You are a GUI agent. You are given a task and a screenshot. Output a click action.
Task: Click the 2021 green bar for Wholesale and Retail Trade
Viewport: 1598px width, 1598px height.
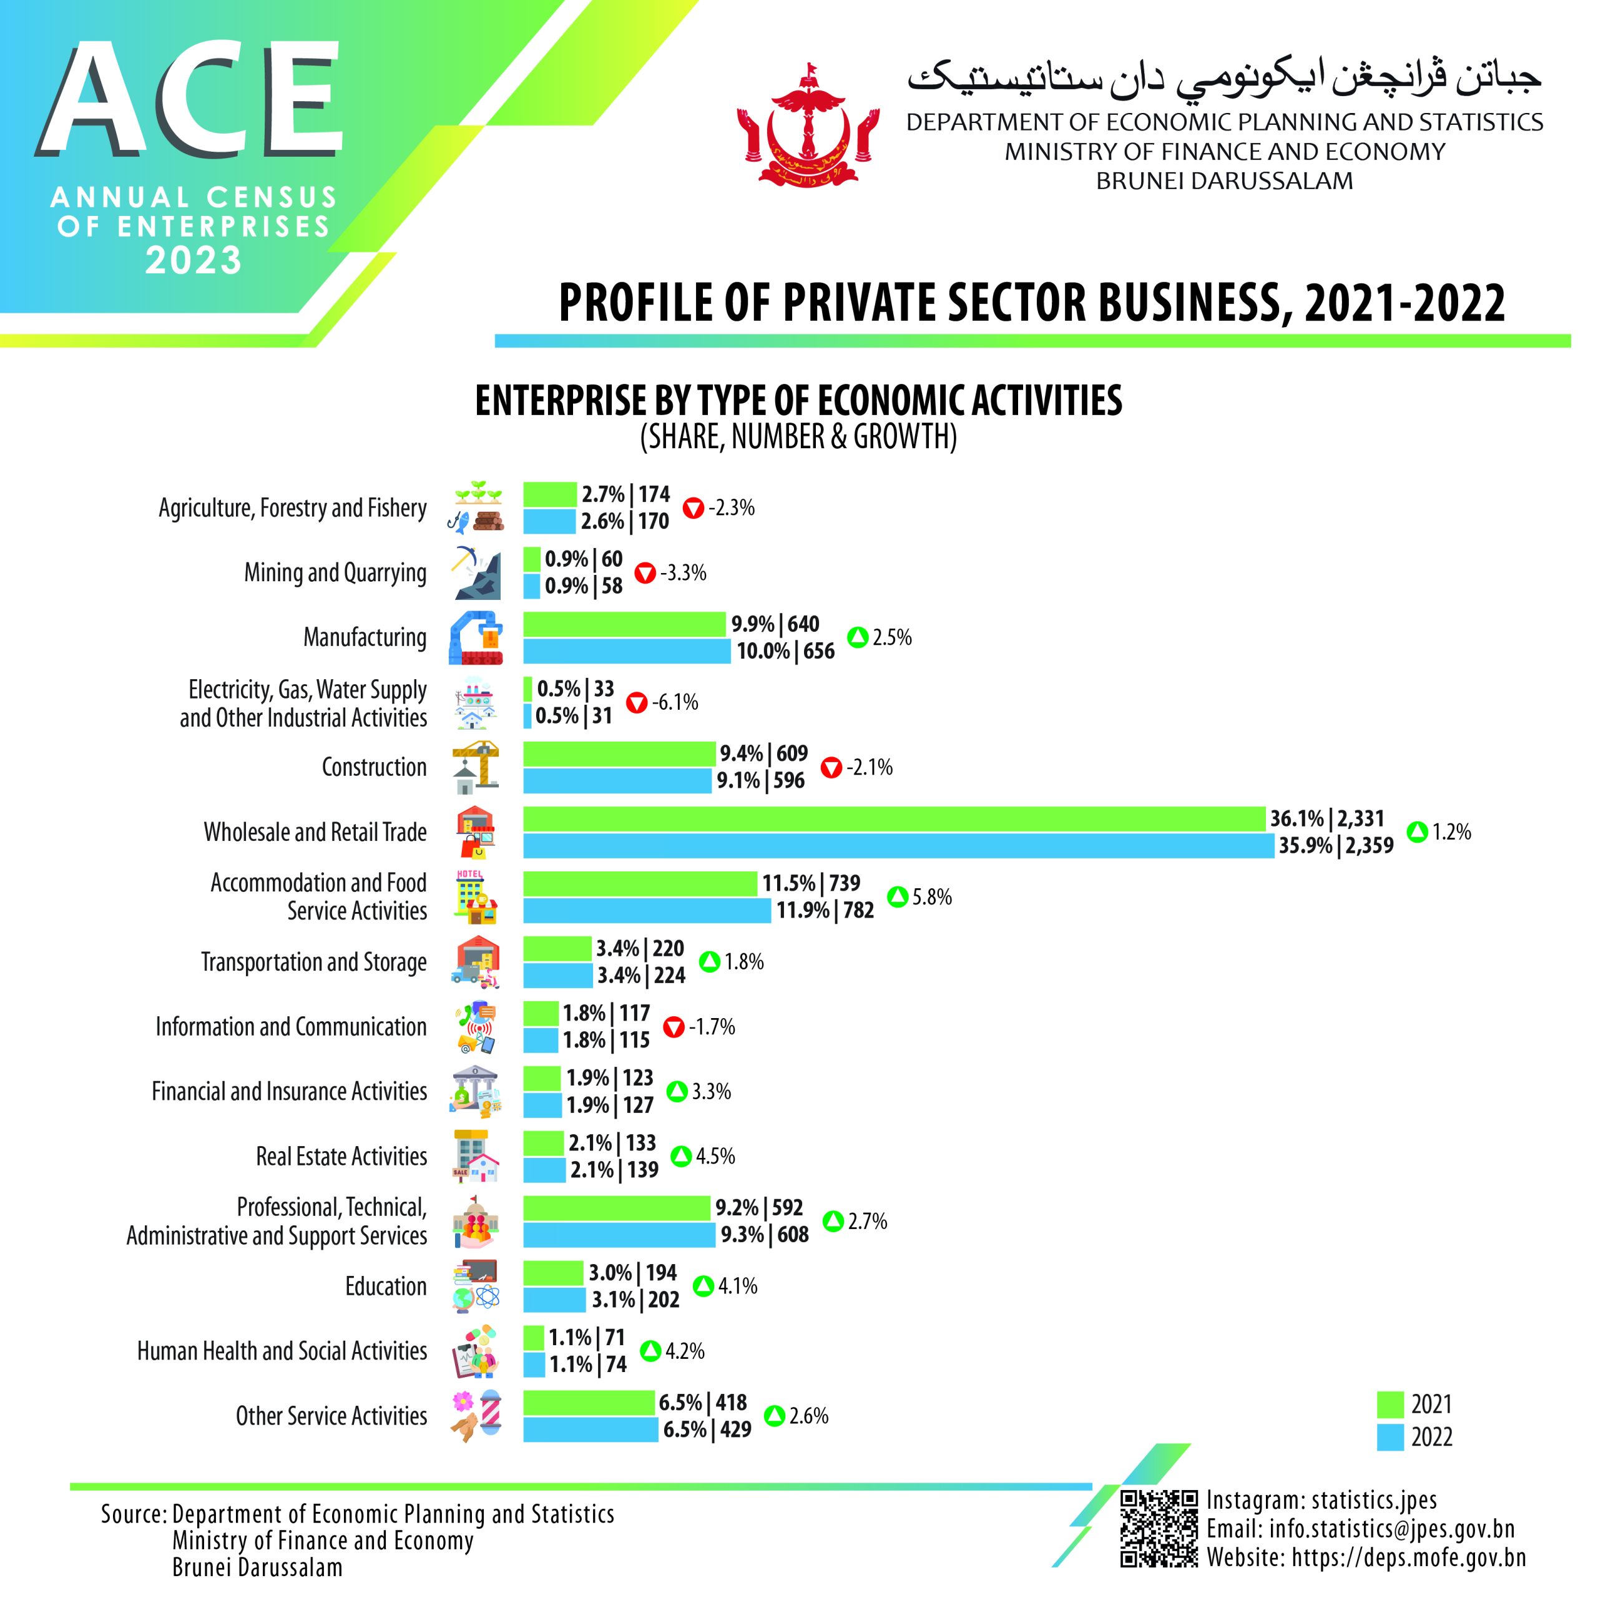(x=893, y=819)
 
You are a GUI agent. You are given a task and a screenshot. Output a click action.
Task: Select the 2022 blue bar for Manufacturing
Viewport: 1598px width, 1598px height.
(x=627, y=651)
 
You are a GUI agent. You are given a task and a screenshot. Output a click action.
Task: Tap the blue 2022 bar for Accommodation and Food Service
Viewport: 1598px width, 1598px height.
(x=647, y=911)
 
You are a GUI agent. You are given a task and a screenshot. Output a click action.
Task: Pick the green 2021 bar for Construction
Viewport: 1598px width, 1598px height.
(x=619, y=753)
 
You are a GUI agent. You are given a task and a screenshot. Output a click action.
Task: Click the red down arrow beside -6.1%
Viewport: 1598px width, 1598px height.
(x=636, y=703)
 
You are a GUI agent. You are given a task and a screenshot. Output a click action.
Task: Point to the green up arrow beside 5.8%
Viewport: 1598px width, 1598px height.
(x=898, y=896)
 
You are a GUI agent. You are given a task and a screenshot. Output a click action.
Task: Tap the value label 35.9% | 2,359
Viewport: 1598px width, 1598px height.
(x=1336, y=845)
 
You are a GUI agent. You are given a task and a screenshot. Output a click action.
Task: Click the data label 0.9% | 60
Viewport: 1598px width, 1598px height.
(x=583, y=559)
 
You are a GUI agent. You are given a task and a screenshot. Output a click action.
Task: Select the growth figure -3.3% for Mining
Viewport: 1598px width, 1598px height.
(x=683, y=572)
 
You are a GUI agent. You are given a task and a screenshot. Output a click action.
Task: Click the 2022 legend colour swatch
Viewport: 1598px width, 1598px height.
(x=1390, y=1437)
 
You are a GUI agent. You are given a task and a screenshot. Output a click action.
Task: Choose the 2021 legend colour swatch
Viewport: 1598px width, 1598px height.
(x=1390, y=1404)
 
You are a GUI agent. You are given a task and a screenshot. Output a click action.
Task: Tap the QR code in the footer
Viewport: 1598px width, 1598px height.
(x=1158, y=1529)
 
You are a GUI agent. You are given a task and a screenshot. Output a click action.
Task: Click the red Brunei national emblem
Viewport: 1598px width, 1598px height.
(x=807, y=125)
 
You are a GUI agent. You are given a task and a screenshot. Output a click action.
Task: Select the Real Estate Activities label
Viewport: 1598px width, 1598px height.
(x=341, y=1156)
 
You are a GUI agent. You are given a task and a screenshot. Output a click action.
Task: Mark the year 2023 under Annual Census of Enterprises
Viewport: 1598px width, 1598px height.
(x=194, y=260)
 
